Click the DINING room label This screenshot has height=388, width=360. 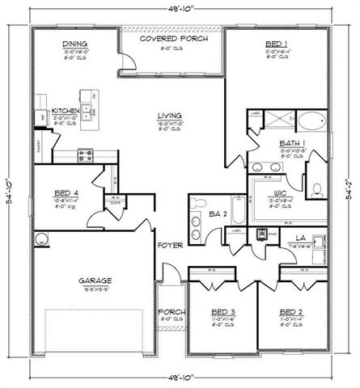pyautogui.click(x=75, y=44)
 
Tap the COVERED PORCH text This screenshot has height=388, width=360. pyautogui.click(x=172, y=39)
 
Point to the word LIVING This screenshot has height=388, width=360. pyautogui.click(x=170, y=116)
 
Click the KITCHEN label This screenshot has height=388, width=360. pyautogui.click(x=64, y=111)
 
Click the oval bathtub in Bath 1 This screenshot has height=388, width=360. pyautogui.click(x=311, y=124)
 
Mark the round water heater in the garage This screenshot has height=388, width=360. pyautogui.click(x=41, y=238)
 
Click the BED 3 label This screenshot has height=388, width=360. pyautogui.click(x=222, y=311)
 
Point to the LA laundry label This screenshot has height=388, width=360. pyautogui.click(x=299, y=237)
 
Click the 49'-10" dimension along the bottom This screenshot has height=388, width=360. pyautogui.click(x=180, y=378)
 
